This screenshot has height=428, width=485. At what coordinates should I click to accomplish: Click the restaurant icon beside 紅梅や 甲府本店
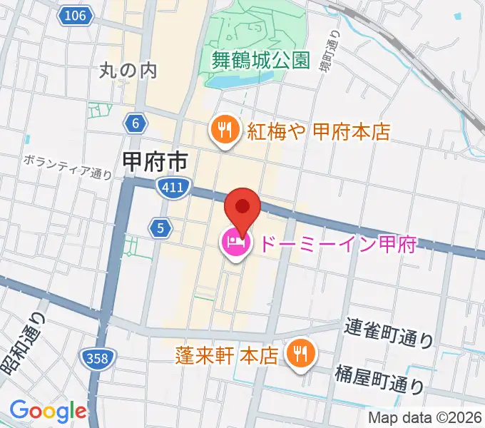pos(224,131)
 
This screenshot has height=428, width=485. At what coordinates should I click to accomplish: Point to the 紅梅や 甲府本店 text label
pos(318,131)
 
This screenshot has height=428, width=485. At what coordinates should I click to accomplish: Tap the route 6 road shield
pos(135,123)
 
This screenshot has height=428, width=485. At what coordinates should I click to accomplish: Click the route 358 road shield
pos(95,357)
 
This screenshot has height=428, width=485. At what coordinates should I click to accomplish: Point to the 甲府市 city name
pos(155,160)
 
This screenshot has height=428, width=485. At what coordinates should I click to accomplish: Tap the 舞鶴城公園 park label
pos(262,60)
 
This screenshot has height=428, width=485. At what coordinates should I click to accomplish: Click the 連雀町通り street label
pos(389,332)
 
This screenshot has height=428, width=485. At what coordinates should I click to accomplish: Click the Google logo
pos(48,411)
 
